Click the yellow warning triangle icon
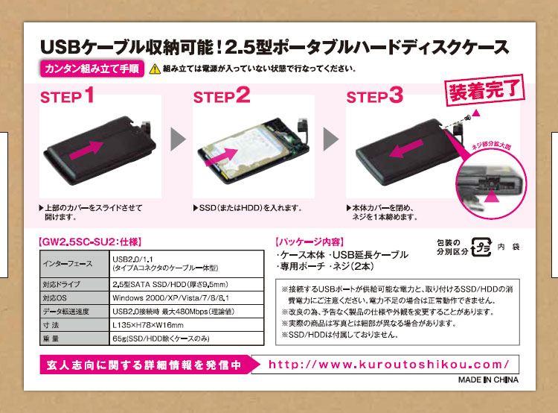tap(155, 69)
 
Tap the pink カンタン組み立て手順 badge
tap(92, 69)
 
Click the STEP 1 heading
tap(67, 95)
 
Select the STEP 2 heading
tap(222, 95)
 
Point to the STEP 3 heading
tap(375, 95)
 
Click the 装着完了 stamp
tap(485, 90)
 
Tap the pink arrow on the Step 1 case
tap(86, 150)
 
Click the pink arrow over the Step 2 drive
tap(222, 157)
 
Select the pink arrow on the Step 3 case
tap(406, 148)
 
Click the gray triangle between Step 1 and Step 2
tap(178, 139)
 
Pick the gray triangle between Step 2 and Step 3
tap(330, 139)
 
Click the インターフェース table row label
tap(68, 264)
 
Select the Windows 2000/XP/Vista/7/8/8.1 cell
tap(171, 297)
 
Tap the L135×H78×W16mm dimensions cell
tap(148, 325)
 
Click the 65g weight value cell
tap(161, 338)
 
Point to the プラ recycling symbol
tap(481, 247)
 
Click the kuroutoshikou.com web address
tap(389, 365)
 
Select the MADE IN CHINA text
tap(488, 380)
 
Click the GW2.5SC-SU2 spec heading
tap(90, 242)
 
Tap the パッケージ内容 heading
tap(310, 242)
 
